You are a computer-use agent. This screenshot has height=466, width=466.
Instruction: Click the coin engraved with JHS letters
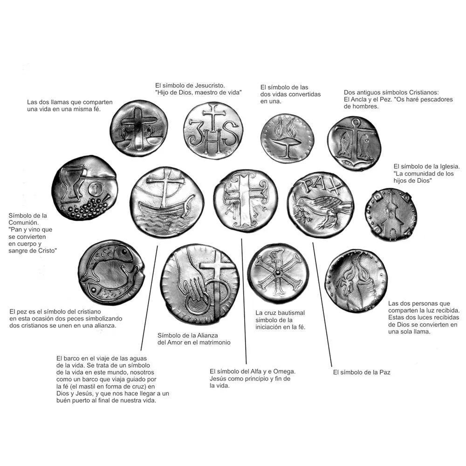point(213,130)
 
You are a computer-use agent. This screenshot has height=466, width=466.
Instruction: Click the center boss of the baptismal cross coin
point(278,273)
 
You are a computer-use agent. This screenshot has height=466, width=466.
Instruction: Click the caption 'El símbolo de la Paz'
point(362,372)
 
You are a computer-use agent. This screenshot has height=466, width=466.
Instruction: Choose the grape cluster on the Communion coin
point(88,207)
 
